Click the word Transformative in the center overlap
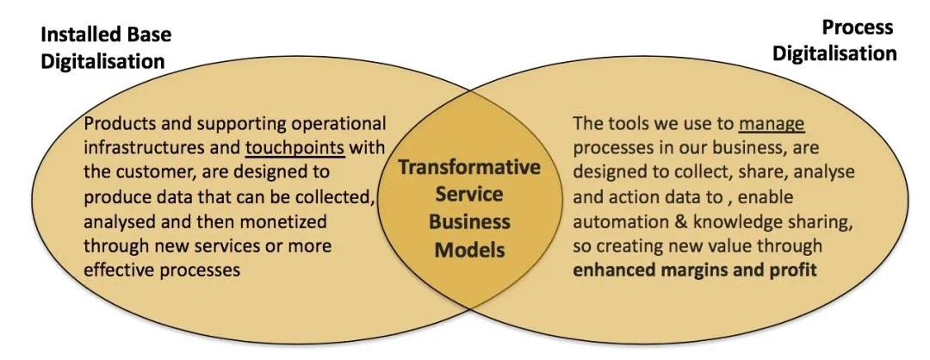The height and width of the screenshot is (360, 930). tap(468, 166)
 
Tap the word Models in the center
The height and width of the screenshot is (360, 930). tap(468, 251)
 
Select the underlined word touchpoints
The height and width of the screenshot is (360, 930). tap(294, 147)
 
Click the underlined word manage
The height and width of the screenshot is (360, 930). tap(772, 123)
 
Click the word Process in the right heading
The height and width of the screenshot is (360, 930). tap(858, 28)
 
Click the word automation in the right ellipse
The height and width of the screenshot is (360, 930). tap(620, 221)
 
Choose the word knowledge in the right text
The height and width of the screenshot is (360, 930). tap(729, 221)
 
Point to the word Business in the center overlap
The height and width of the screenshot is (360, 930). tap(468, 223)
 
